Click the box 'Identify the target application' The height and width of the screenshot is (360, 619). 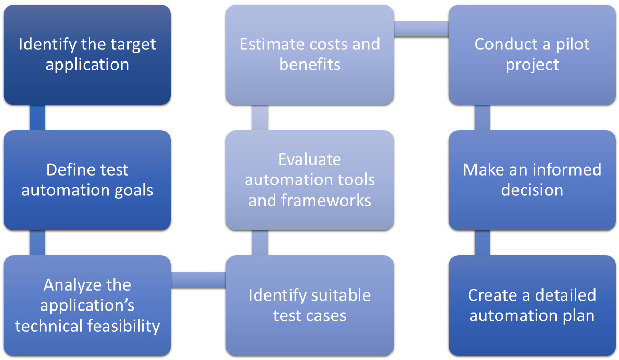87,55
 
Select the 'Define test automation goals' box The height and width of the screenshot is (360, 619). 87,180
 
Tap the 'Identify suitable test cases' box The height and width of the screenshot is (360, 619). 309,305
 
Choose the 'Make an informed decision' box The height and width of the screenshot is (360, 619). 532,180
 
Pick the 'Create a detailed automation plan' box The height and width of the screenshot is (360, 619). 532,305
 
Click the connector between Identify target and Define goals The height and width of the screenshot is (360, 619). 37,118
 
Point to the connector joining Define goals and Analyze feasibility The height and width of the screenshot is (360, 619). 37,243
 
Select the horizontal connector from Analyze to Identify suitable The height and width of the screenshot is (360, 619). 198,280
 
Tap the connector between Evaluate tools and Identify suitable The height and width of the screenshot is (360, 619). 260,243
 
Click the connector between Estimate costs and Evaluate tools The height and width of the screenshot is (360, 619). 260,118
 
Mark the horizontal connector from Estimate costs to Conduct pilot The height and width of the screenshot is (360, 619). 421,29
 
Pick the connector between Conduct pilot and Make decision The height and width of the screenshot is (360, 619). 482,118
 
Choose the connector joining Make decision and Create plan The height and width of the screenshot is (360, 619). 482,243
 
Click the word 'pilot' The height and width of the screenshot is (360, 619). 572,44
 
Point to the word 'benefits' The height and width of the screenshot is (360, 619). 310,65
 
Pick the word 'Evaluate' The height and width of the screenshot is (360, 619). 309,159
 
